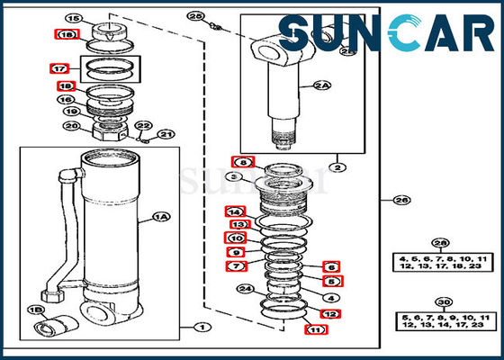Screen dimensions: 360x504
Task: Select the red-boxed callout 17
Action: [x=58, y=67]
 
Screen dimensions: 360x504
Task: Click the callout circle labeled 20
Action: [x=71, y=126]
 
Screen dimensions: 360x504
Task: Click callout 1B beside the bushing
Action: [x=34, y=309]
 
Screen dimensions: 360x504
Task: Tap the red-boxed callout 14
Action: [x=234, y=211]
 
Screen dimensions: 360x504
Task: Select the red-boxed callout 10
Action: [x=234, y=238]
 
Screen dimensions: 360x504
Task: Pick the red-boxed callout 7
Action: [x=234, y=266]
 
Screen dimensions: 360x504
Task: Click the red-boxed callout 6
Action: [x=330, y=267]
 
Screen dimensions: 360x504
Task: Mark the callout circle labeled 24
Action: [x=243, y=289]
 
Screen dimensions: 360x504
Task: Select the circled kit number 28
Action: [x=440, y=243]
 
